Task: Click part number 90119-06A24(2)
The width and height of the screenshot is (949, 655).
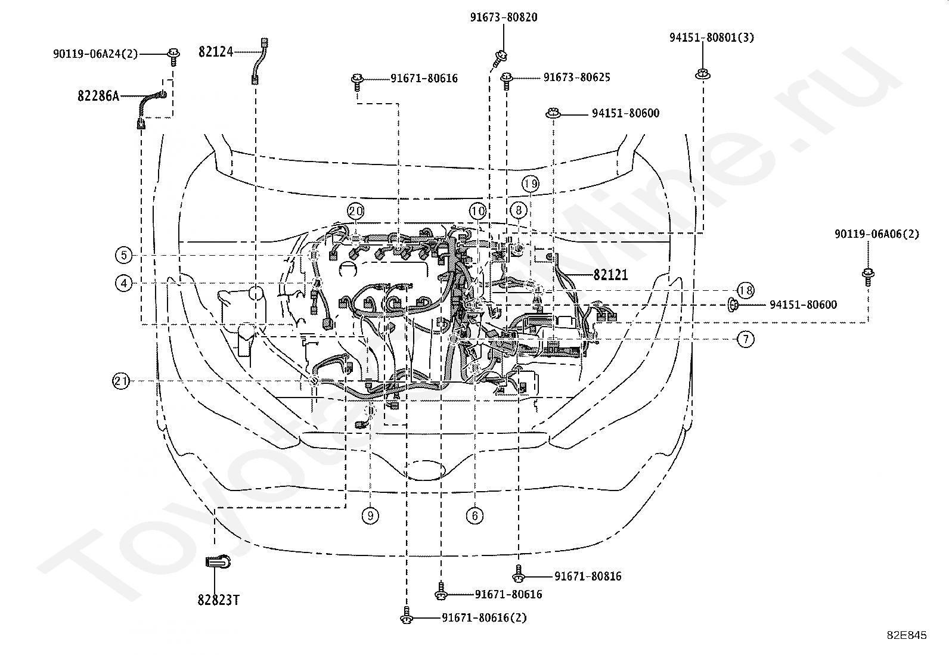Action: point(95,54)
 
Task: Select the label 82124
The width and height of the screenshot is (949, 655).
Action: point(216,52)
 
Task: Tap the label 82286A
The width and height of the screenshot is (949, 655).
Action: point(98,96)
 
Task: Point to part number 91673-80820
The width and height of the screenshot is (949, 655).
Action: point(504,17)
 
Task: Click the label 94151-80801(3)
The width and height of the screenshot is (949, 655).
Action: point(712,38)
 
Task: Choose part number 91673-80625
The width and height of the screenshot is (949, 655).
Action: point(577,77)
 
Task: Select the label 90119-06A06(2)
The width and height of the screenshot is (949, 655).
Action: point(877,234)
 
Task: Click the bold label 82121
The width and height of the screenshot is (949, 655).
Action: point(610,275)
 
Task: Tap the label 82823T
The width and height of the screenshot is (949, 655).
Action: point(219,600)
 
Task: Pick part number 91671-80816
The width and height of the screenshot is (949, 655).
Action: point(588,576)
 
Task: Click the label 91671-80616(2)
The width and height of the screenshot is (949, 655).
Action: point(484,617)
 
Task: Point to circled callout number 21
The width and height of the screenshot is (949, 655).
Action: point(121,381)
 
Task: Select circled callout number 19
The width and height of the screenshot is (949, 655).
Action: point(531,184)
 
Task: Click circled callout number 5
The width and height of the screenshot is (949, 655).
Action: point(124,255)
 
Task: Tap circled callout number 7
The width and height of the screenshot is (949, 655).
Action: point(746,339)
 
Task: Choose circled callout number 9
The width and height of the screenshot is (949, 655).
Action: point(370,516)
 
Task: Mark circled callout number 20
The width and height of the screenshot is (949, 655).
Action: point(356,211)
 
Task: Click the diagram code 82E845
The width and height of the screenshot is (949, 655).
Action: point(907,635)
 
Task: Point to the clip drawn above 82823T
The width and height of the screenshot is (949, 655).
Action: point(218,562)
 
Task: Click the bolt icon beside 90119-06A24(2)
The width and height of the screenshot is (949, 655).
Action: point(173,57)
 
